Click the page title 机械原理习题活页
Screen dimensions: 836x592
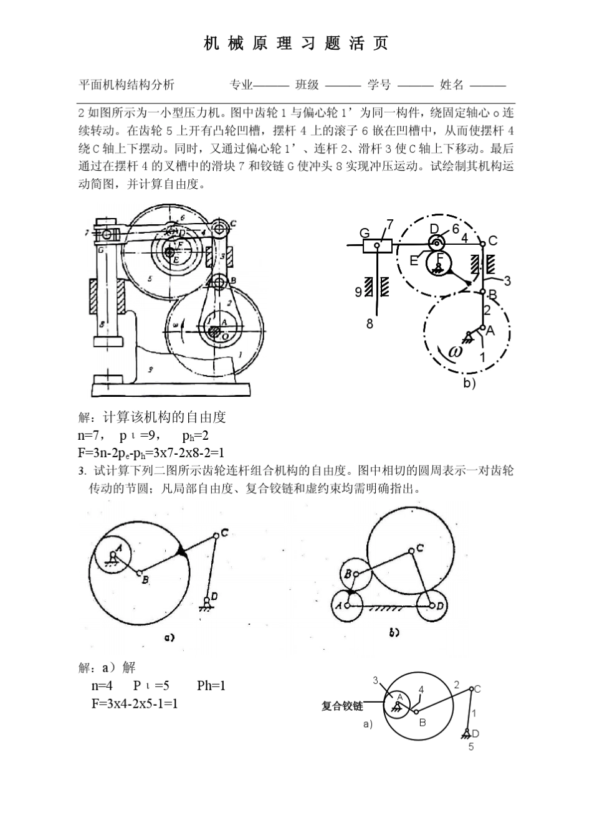(296, 43)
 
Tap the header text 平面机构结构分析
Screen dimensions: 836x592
(127, 85)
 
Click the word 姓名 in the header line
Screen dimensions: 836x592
(452, 85)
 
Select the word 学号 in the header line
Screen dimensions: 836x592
(379, 85)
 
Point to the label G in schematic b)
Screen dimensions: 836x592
(365, 233)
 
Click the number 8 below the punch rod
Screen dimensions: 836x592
(370, 324)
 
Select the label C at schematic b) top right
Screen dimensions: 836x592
(493, 240)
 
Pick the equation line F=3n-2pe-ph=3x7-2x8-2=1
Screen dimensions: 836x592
(151, 452)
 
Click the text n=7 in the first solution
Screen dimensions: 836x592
(91, 435)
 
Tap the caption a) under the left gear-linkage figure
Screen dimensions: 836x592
(169, 637)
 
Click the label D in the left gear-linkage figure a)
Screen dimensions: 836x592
(214, 596)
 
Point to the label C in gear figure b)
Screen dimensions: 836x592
(421, 548)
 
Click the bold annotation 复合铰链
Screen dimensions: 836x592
(342, 706)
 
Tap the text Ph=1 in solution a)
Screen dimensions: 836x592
(211, 686)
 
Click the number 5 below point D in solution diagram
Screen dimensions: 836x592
(471, 747)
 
